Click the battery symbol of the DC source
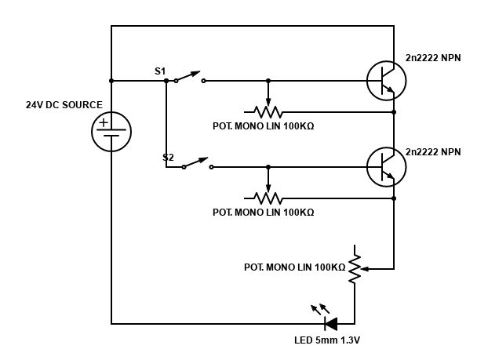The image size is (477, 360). click(111, 131)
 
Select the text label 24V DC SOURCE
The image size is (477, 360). click(64, 104)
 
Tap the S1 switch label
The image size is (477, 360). click(160, 71)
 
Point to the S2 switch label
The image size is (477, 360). click(168, 157)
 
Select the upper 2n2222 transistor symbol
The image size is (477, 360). click(386, 81)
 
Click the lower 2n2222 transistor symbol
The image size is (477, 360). click(386, 167)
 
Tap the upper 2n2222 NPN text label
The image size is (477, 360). click(433, 58)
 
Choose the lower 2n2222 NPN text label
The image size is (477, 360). click(433, 151)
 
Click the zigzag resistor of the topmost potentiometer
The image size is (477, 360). click(268, 111)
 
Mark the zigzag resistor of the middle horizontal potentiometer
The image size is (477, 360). click(268, 198)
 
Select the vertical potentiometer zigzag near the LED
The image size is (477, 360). click(355, 267)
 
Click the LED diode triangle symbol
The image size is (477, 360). click(331, 322)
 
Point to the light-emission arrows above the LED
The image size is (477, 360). click(319, 308)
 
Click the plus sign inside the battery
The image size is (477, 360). click(104, 122)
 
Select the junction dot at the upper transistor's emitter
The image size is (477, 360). click(394, 112)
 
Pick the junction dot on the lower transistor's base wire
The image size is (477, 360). click(268, 166)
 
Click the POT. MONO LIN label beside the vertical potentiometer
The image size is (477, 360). click(294, 267)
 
